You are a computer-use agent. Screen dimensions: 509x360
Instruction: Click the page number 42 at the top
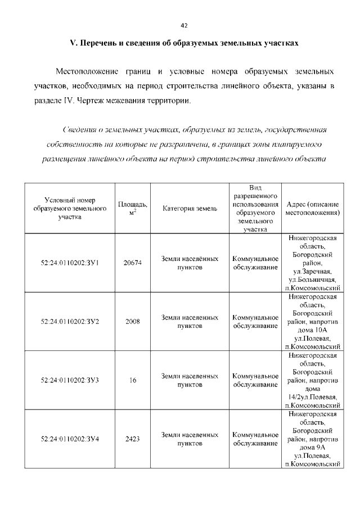tap(183, 25)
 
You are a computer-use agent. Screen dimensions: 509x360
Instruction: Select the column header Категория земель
tap(190, 209)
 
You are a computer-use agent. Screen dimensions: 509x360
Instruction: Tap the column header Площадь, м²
tap(133, 208)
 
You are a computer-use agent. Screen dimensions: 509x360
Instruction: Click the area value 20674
tap(133, 263)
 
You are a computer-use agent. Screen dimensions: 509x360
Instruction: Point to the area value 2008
tap(133, 321)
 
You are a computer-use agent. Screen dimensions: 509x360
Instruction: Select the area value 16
tap(133, 380)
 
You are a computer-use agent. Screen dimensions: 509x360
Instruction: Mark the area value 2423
tap(133, 439)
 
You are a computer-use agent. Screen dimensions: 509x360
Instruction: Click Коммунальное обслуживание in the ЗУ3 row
tap(255, 380)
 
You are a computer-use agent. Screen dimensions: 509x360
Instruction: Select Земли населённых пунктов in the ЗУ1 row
tap(190, 263)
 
